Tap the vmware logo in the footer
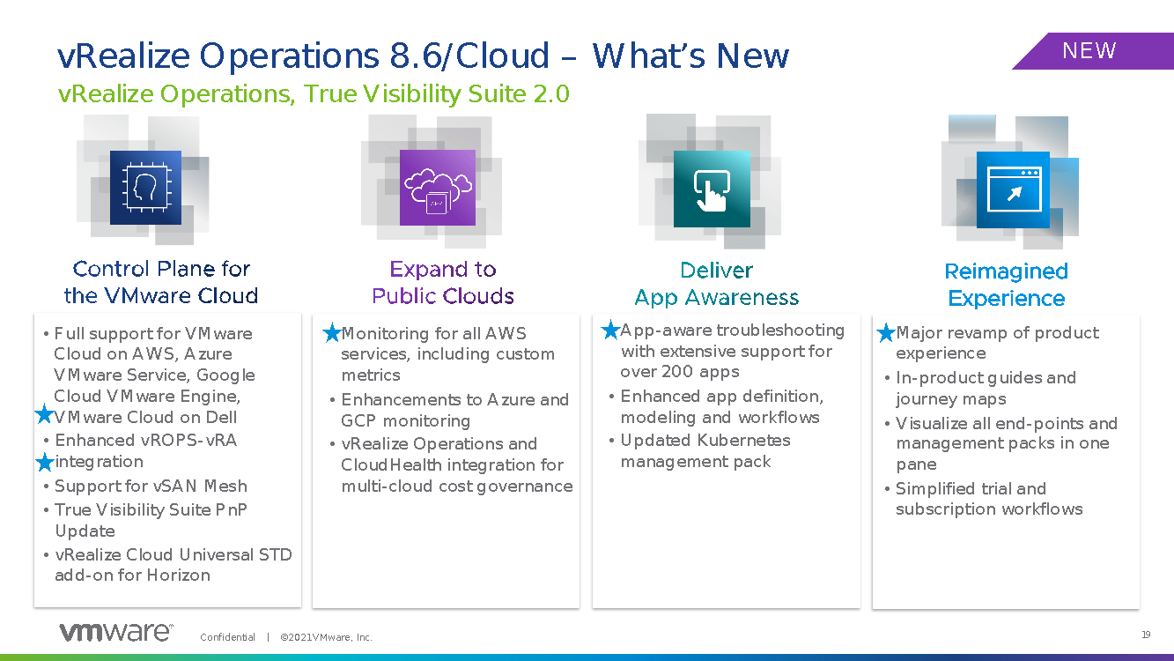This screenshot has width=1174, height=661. [116, 632]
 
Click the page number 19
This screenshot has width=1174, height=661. [1146, 635]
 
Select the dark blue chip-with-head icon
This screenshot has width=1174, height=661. [145, 188]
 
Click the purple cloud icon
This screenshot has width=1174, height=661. [438, 188]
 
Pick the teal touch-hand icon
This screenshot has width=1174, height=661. [712, 189]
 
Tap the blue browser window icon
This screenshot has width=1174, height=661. [1014, 189]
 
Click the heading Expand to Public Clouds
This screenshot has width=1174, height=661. [443, 283]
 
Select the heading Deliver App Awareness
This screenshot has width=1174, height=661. [716, 284]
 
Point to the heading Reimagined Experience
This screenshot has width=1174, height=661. [1007, 285]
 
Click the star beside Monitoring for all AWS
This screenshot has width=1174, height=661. [332, 332]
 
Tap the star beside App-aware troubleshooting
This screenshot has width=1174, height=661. [610, 330]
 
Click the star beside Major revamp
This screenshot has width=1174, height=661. [886, 332]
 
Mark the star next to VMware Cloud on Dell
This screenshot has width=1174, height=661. [45, 414]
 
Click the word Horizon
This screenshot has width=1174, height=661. [178, 575]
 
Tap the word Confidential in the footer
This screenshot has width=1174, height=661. [227, 637]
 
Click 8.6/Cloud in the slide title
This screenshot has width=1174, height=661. [469, 56]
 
